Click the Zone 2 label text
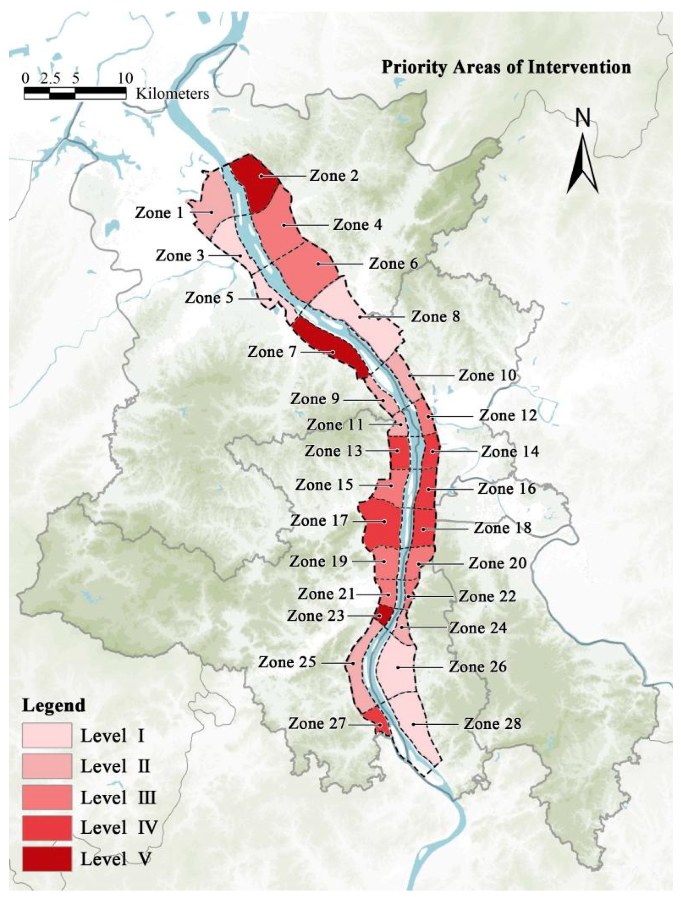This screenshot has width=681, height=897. (x=334, y=176)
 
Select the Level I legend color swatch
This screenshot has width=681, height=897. (x=47, y=735)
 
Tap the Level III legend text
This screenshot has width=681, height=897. (x=118, y=797)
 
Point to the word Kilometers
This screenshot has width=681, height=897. (x=172, y=94)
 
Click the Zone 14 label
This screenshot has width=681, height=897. (x=510, y=451)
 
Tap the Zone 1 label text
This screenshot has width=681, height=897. (x=159, y=213)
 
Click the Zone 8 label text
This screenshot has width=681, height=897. (x=435, y=316)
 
